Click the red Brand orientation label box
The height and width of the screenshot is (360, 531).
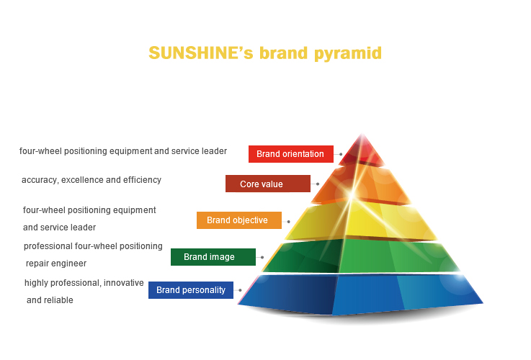click(x=291, y=154)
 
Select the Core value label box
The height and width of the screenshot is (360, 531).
click(x=268, y=184)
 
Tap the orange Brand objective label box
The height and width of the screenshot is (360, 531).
click(x=239, y=220)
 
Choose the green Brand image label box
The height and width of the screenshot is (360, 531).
click(x=213, y=257)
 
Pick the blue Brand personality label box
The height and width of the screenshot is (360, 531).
click(x=191, y=290)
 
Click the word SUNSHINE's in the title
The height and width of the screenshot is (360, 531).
click(x=201, y=53)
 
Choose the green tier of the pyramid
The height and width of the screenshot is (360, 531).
click(x=361, y=256)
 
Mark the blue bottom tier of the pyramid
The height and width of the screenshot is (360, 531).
click(x=360, y=294)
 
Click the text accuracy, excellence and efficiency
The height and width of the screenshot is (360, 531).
click(x=92, y=180)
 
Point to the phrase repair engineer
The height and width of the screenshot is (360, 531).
click(x=56, y=264)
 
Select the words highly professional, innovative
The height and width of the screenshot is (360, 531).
click(x=84, y=283)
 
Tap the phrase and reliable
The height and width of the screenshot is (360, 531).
click(x=50, y=300)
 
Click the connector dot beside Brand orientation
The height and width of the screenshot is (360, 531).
click(x=341, y=154)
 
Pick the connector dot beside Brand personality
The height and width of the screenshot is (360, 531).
click(x=240, y=290)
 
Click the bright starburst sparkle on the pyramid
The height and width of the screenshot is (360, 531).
click(x=352, y=194)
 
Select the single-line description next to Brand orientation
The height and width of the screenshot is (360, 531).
click(x=123, y=151)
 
